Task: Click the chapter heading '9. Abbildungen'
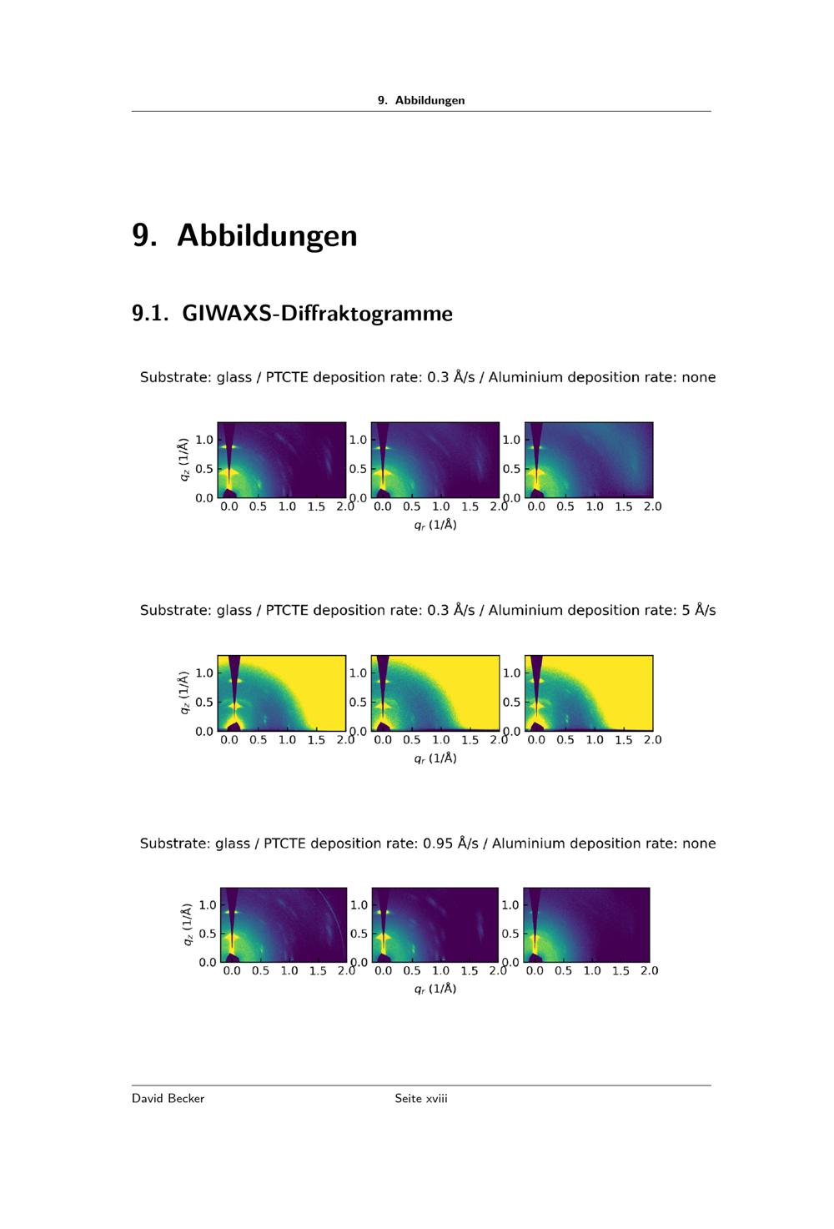(x=244, y=236)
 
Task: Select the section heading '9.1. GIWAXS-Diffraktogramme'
(x=292, y=314)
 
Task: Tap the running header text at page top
(x=421, y=100)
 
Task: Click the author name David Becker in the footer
(x=168, y=1098)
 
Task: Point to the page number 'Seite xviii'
(x=421, y=1098)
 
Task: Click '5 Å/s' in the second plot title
(x=699, y=610)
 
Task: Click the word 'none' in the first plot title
(x=699, y=377)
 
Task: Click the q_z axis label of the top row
(x=184, y=460)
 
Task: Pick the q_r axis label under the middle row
(x=435, y=758)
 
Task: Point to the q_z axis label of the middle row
(x=184, y=693)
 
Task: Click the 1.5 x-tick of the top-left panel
(x=316, y=506)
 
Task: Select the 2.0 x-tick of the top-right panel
(x=652, y=506)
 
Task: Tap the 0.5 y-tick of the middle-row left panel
(x=204, y=703)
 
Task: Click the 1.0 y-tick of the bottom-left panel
(x=208, y=904)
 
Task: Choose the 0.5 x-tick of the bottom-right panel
(x=563, y=970)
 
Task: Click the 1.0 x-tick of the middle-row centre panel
(x=441, y=739)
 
